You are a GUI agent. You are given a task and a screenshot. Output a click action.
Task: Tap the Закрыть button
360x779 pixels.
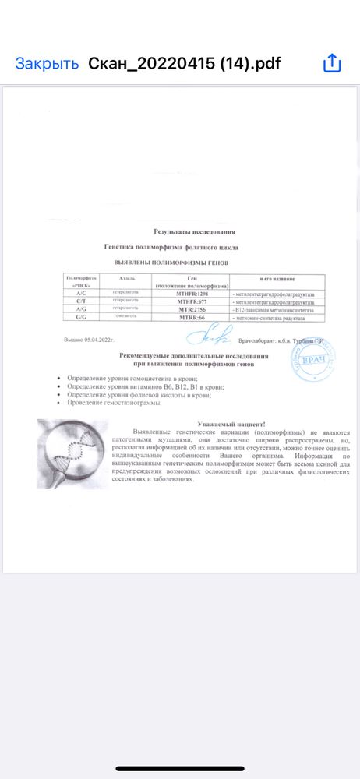[47, 63]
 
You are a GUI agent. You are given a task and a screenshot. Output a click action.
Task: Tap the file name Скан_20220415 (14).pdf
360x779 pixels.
[185, 63]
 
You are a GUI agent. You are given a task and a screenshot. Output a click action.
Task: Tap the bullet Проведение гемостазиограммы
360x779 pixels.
[117, 404]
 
